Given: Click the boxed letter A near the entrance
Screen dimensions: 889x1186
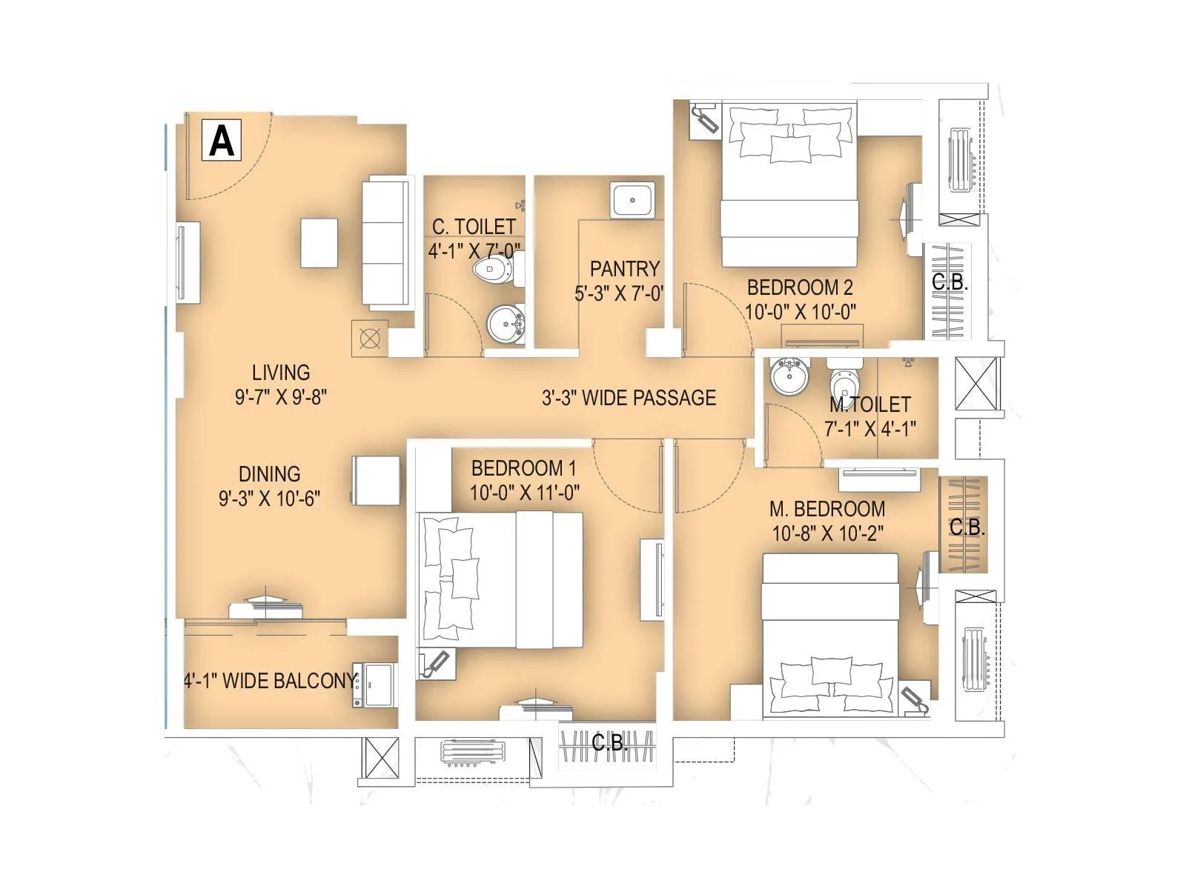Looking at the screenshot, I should pos(222,140).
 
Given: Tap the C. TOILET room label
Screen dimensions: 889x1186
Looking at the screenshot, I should pos(474,227).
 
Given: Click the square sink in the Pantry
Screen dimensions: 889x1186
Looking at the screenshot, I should pos(632,200).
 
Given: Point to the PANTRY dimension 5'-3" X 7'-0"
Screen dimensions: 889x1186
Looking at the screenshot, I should pos(619,294).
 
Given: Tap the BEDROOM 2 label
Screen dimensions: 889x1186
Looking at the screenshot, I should pos(800,287).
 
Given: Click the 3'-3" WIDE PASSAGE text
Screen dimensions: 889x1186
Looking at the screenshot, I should pos(629,399).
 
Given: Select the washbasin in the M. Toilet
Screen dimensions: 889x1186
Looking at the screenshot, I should pos(789,376).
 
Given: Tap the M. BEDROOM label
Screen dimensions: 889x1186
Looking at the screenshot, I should pos(827,510).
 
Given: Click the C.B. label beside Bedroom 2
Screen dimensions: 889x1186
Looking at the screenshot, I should pos(950,282).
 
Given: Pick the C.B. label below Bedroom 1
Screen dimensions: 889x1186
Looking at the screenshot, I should pos(609,742).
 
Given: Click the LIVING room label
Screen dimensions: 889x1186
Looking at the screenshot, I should pos(281,373).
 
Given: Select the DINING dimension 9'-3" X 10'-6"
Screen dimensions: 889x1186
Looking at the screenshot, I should pos(269,499).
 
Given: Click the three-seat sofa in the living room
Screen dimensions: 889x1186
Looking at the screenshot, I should pos(385,244).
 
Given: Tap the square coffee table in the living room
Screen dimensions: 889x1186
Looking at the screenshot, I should pos(319,243).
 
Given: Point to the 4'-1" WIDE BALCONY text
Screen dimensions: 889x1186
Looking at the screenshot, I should pos(271,681).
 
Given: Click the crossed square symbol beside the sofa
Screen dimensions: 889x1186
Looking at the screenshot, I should pos(369,339).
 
